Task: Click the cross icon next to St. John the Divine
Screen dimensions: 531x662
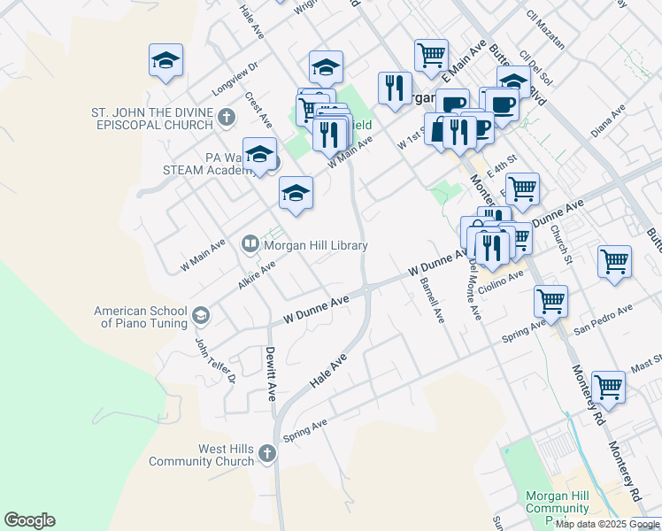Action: click(227, 116)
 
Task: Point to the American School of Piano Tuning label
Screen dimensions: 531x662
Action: click(141, 317)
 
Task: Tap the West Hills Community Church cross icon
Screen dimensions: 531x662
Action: click(267, 454)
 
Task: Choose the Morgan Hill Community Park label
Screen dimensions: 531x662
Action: click(558, 508)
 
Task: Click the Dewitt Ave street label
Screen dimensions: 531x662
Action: click(272, 372)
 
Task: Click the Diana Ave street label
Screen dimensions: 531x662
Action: click(607, 120)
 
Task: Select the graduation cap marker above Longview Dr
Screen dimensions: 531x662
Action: click(165, 61)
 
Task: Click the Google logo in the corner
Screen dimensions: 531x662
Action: click(29, 520)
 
